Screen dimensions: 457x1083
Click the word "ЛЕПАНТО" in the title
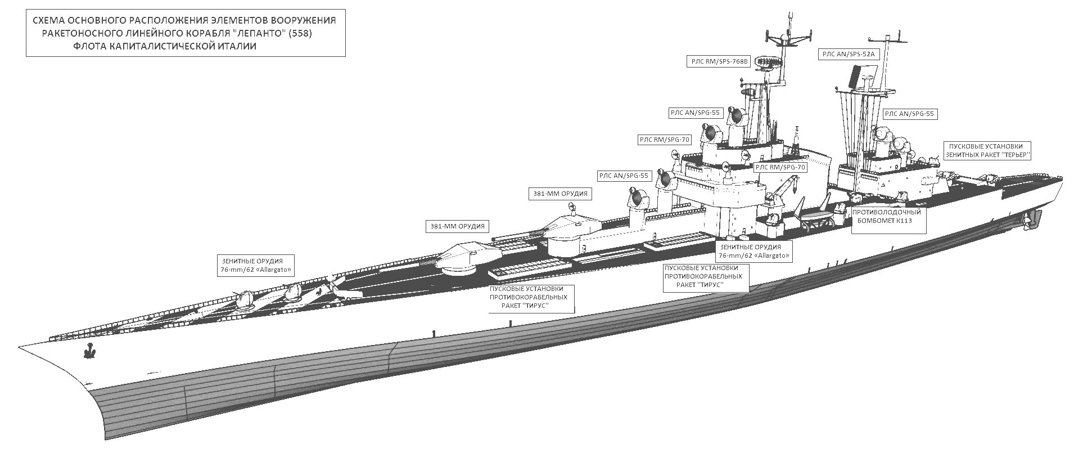255,34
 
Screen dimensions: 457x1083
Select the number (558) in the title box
300,34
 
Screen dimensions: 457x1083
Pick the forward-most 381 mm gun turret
466,258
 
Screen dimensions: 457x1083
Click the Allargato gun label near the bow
256,266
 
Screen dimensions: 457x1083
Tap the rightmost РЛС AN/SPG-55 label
909,114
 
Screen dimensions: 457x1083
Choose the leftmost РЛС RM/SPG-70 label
664,140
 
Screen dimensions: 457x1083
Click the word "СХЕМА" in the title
50,21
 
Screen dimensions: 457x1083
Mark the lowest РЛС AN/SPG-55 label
624,176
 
